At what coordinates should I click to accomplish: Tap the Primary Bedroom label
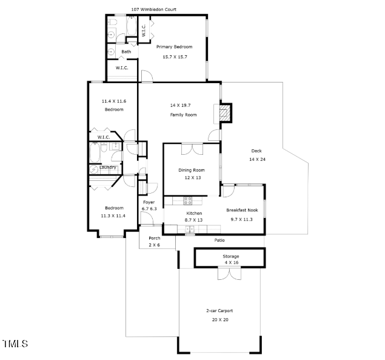(174, 47)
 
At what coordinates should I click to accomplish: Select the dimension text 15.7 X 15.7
(174, 56)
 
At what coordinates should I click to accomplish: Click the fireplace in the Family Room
(225, 113)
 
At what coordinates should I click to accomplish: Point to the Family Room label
(183, 115)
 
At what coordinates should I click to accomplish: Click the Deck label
(257, 151)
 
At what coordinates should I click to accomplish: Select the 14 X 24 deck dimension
(257, 159)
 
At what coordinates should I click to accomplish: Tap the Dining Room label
(191, 170)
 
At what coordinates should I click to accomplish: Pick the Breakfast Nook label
(243, 210)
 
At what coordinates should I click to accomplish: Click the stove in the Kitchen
(188, 200)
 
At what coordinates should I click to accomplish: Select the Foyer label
(149, 202)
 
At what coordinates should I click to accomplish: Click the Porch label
(155, 238)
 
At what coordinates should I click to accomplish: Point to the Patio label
(219, 240)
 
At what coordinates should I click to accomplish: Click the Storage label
(231, 256)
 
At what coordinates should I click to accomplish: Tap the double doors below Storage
(229, 274)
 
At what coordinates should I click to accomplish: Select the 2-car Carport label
(219, 311)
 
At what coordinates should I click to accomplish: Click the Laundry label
(109, 168)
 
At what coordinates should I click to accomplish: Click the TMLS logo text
(15, 344)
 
